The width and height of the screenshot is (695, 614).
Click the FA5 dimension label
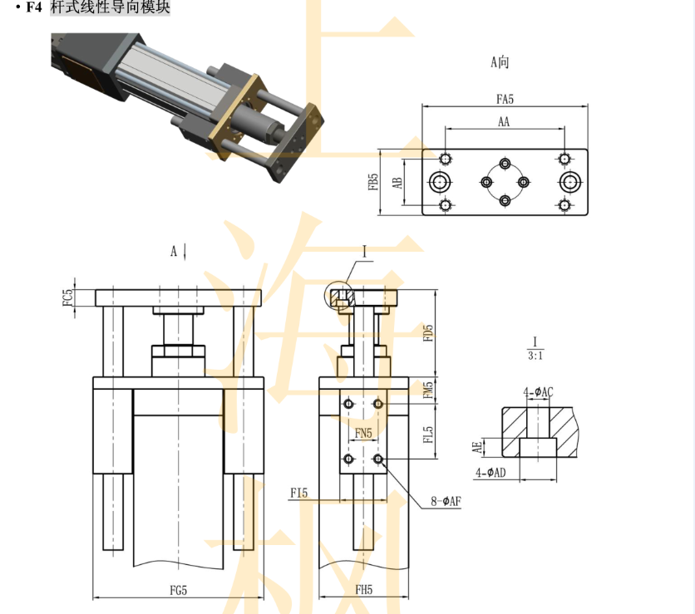click(505, 99)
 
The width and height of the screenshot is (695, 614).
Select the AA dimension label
click(504, 121)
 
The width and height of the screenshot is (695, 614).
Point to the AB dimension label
click(398, 182)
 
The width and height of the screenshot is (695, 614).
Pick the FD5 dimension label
click(428, 333)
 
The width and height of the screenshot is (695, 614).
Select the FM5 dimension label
click(428, 389)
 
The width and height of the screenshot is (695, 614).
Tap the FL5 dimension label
click(428, 435)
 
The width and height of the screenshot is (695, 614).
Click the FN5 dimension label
click(363, 433)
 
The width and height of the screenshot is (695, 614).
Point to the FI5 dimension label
click(298, 494)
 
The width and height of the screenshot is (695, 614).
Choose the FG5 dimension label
click(178, 591)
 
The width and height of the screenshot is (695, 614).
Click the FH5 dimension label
click(363, 591)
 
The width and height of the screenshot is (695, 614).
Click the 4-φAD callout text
click(491, 473)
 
